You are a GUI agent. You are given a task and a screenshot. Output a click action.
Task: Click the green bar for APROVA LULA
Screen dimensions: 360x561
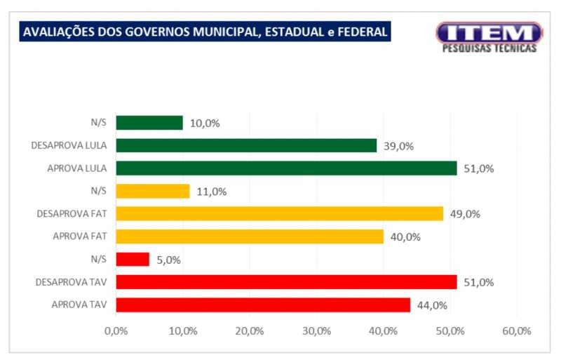pos(286,168)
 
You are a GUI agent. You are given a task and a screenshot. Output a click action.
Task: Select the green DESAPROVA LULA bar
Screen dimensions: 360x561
pos(246,146)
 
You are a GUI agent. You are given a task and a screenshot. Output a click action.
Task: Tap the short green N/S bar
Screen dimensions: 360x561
pos(149,123)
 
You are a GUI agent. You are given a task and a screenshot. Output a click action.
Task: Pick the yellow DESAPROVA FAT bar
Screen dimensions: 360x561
pos(279,214)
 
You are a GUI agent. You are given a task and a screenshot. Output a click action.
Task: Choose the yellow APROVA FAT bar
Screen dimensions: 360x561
pos(249,236)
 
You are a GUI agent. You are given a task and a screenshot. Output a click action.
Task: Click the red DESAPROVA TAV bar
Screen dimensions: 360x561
pos(286,282)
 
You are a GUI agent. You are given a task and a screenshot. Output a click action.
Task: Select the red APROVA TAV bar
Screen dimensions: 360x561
pos(262,305)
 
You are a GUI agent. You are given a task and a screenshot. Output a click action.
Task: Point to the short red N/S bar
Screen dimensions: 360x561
pos(133,260)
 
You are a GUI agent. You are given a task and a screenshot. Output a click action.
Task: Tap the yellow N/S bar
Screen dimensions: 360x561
pos(152,191)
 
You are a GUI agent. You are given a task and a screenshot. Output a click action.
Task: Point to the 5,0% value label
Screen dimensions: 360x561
pos(168,260)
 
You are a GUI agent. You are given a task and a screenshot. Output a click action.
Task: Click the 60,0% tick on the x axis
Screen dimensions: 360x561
pos(516,331)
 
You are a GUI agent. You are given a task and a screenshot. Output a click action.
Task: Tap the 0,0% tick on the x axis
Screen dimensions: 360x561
pos(116,331)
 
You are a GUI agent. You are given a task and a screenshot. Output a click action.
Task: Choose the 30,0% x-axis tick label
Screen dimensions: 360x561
pos(316,331)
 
